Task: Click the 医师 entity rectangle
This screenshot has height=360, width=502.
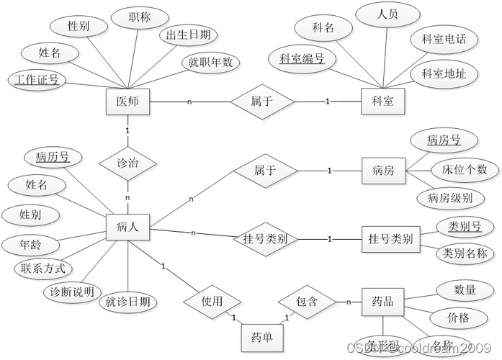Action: coord(127,102)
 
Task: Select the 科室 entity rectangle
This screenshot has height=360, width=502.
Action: coord(382,102)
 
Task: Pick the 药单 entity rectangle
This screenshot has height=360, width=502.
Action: coord(261,336)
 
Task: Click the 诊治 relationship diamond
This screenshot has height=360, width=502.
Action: coord(127,163)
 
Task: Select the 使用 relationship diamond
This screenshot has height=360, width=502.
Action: coord(212,301)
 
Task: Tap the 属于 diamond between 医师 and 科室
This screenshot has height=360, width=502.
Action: coord(261,102)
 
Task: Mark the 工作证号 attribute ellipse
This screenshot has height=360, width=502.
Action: coord(35,79)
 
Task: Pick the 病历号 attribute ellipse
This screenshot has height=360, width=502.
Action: coord(53,156)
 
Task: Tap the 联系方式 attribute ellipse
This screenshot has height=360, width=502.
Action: coord(41,269)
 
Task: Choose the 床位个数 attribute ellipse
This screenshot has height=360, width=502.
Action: coord(459,170)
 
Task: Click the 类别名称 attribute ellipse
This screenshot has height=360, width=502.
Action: coord(465,253)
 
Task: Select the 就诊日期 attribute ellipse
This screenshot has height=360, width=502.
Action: coord(127,302)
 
